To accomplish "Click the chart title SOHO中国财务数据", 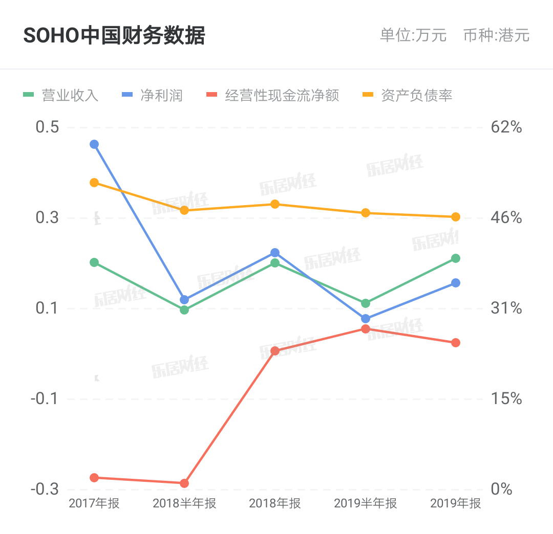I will [x=114, y=36].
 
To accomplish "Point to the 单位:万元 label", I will [x=413, y=35].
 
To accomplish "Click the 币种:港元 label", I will [x=496, y=35].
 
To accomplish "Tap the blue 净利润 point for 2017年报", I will [x=94, y=144].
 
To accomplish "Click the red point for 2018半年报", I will [x=184, y=483].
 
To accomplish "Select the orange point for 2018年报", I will [x=275, y=204].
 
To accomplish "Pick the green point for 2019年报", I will [x=456, y=258].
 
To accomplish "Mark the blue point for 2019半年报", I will [x=366, y=319].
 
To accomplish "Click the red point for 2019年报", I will [x=456, y=343].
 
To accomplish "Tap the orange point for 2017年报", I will [x=94, y=183].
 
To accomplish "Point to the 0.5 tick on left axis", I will [x=47, y=127].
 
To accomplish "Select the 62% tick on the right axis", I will [x=506, y=127].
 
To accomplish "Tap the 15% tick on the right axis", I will [x=506, y=399].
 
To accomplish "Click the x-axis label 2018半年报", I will [x=184, y=503].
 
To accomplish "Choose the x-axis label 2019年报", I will [x=456, y=503].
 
